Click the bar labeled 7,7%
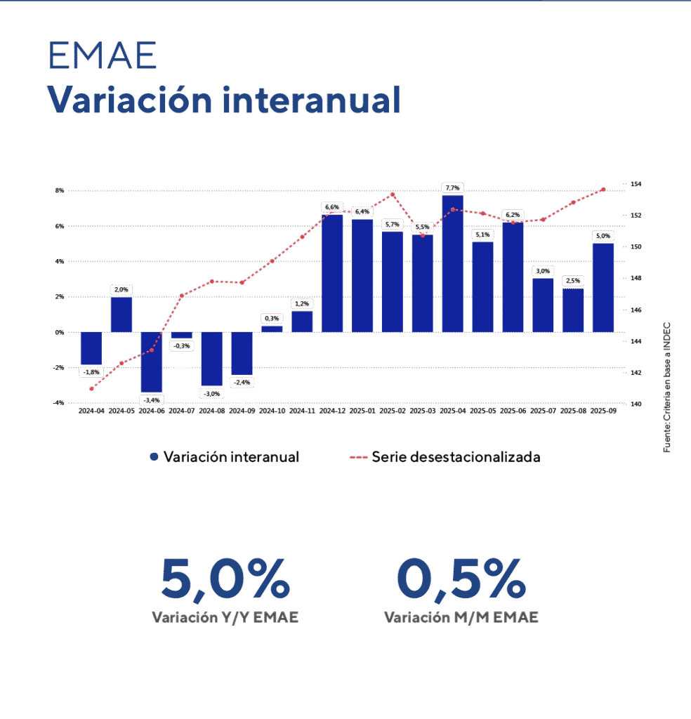coord(453,263)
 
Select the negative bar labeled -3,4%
coord(152,362)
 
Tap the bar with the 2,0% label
coord(121,315)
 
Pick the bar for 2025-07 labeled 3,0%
coord(543,305)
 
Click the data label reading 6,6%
coord(332,207)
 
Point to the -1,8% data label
coord(91,371)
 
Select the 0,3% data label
coord(272,318)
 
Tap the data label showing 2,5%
coord(573,281)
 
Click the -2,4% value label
coord(242,383)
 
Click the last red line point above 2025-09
coord(603,190)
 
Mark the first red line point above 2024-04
coord(91,388)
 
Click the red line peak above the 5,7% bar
coord(393,194)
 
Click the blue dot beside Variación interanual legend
coord(154,457)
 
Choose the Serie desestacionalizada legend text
coord(456,457)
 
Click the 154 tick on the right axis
coord(636,184)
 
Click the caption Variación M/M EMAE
coord(461,618)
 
